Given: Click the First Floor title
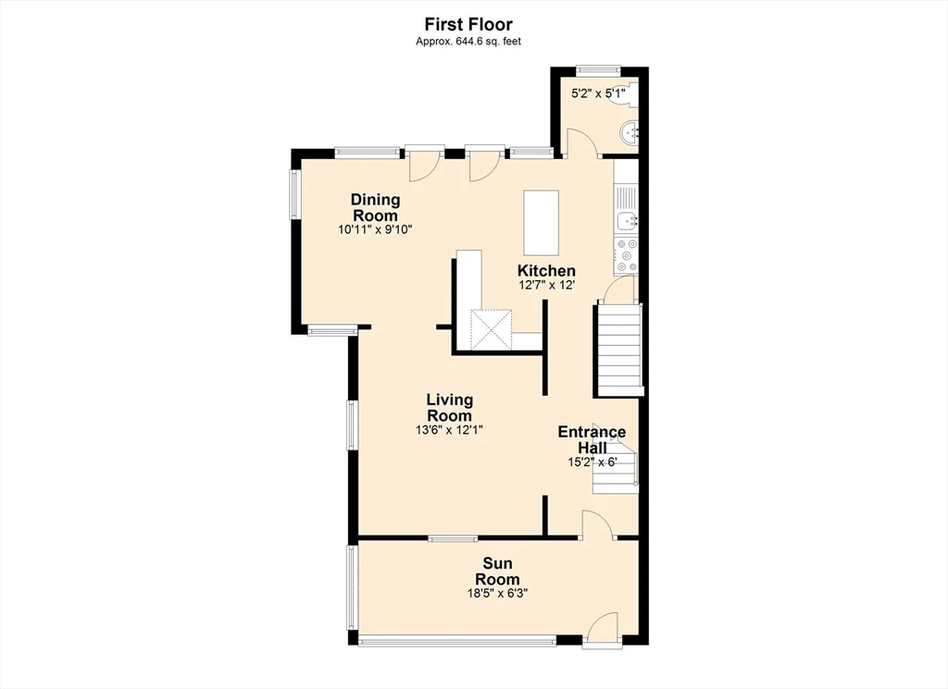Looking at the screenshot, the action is point(468,24).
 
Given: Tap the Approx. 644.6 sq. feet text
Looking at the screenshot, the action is point(468,42).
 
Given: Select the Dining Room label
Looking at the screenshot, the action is point(376,207).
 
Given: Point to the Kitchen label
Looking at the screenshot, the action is point(546,271).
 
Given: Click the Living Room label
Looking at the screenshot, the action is point(449,408).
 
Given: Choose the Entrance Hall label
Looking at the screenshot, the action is point(592,439).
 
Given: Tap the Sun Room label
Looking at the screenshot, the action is point(497,572).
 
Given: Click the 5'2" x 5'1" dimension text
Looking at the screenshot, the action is point(599,93).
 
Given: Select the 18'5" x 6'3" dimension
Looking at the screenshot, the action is point(497,593).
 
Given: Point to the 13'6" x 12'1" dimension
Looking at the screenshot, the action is point(449,430).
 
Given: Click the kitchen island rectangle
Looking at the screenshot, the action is point(541,223).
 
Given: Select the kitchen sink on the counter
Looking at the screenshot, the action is point(627,222).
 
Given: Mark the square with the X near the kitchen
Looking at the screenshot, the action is point(492,329).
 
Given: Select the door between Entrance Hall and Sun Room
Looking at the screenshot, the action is point(597,524).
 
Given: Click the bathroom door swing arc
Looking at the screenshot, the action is point(580,142).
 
